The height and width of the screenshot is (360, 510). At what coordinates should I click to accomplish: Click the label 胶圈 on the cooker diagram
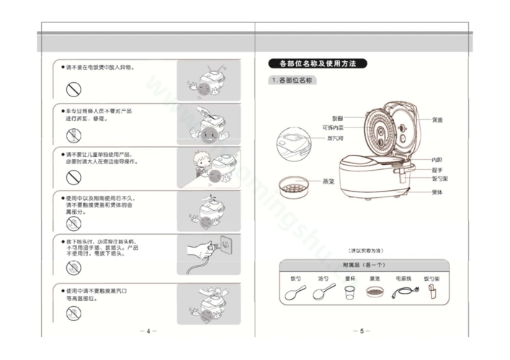(337, 117)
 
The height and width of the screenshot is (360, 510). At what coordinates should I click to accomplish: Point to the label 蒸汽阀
(335, 138)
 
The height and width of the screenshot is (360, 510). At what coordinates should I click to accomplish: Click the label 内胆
(437, 159)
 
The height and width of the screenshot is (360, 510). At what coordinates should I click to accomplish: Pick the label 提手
(437, 169)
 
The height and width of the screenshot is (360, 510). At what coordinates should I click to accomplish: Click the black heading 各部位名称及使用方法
(318, 64)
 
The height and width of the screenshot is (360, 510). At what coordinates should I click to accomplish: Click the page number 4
(148, 331)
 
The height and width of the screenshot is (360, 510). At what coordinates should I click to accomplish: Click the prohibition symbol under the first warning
(73, 89)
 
